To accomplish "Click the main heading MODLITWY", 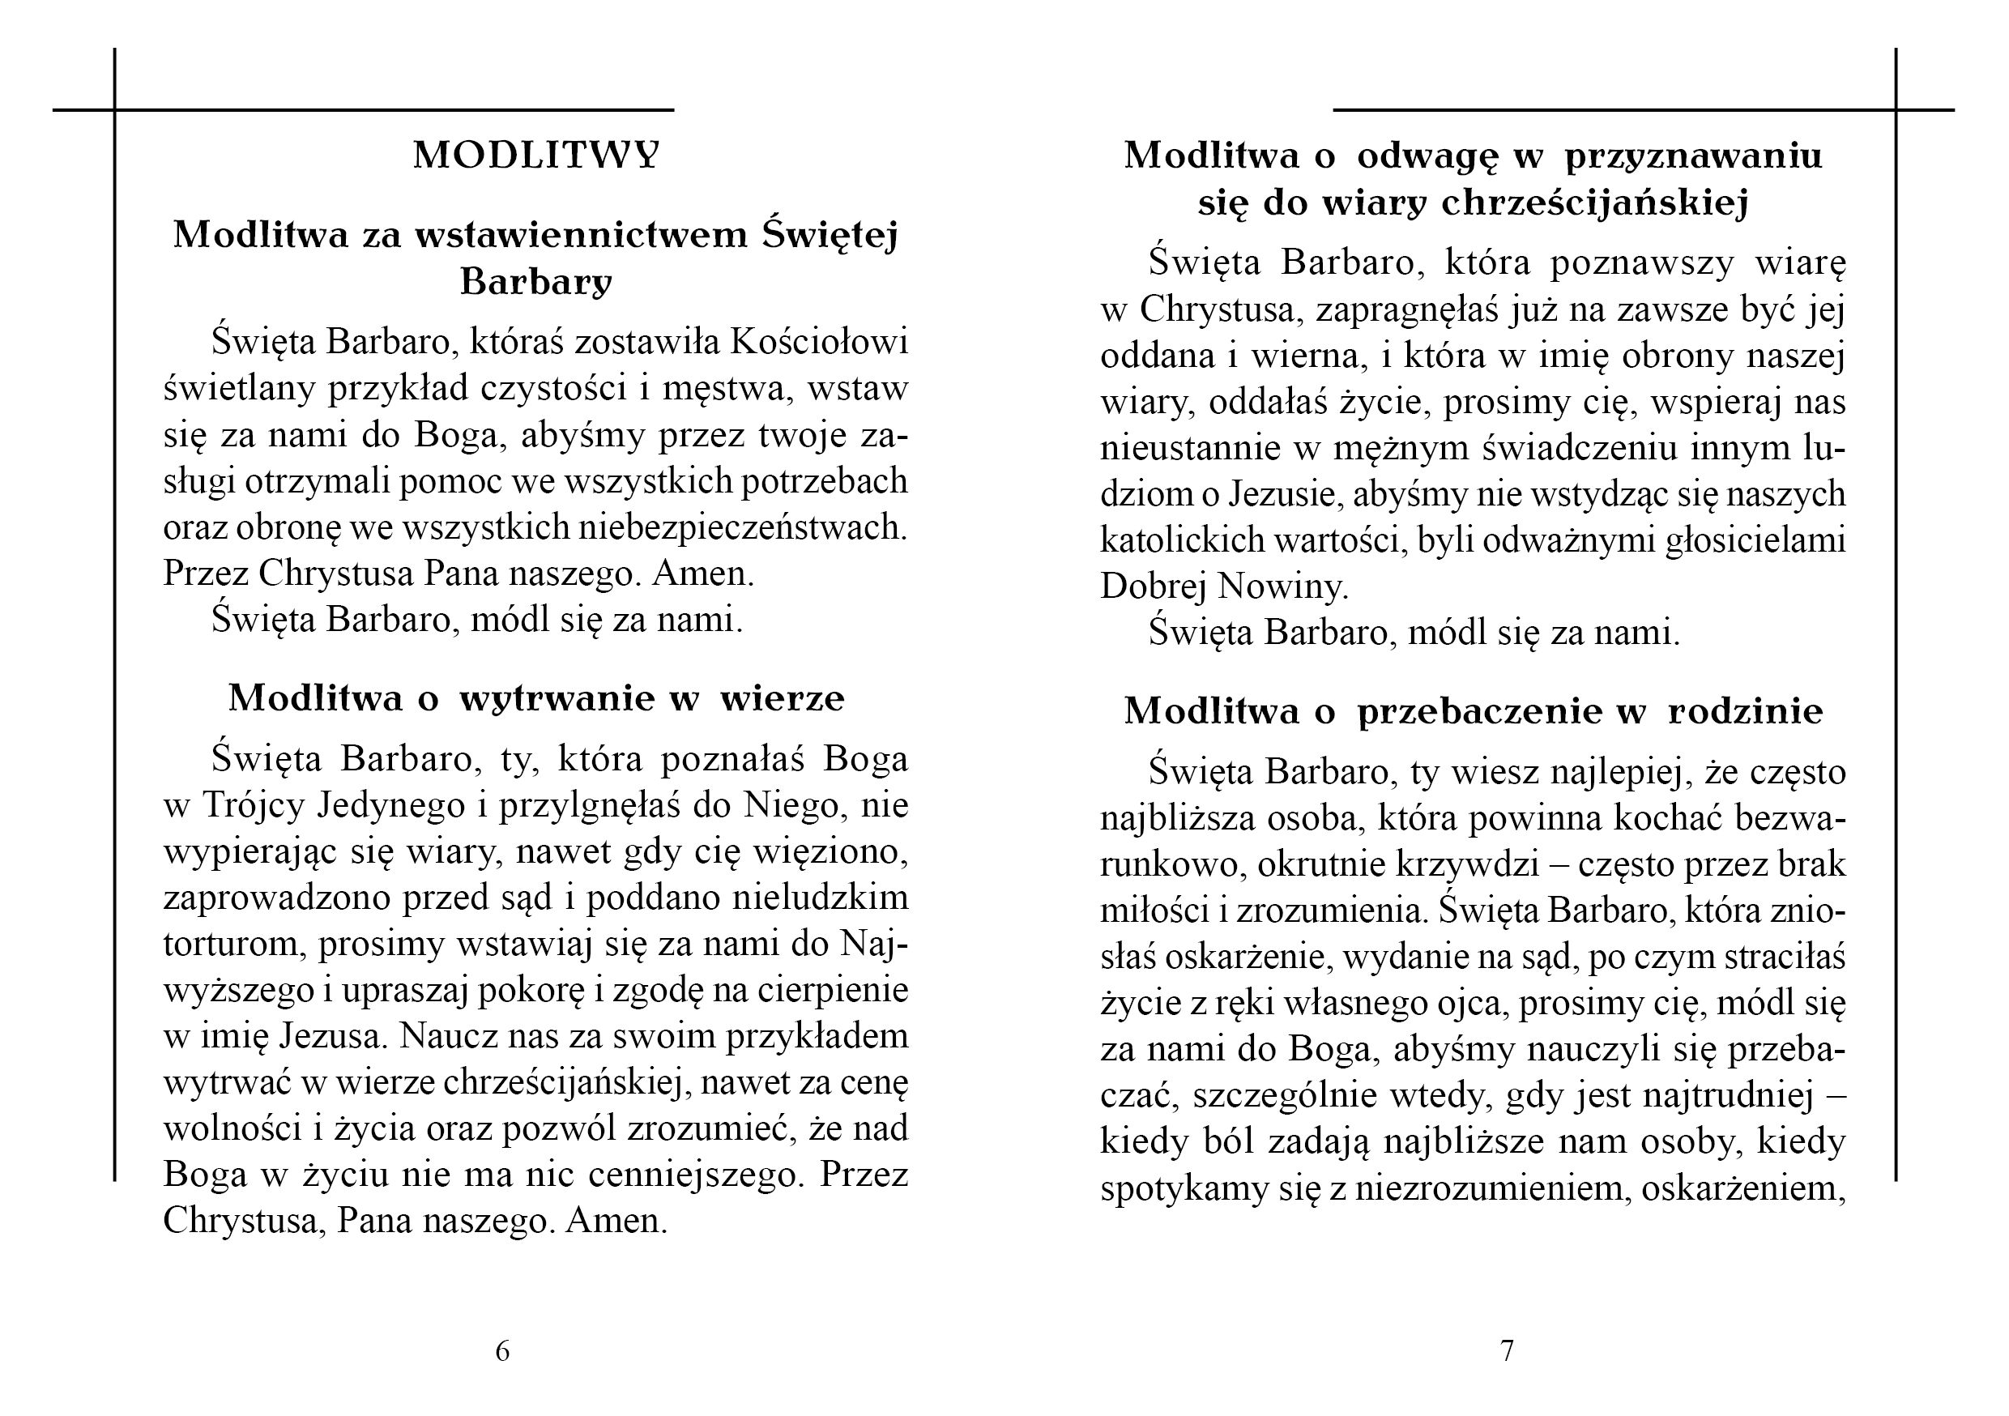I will tap(535, 156).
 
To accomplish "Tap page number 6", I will tap(502, 1351).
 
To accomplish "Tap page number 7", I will tap(1507, 1351).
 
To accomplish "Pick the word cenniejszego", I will tap(695, 1175).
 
